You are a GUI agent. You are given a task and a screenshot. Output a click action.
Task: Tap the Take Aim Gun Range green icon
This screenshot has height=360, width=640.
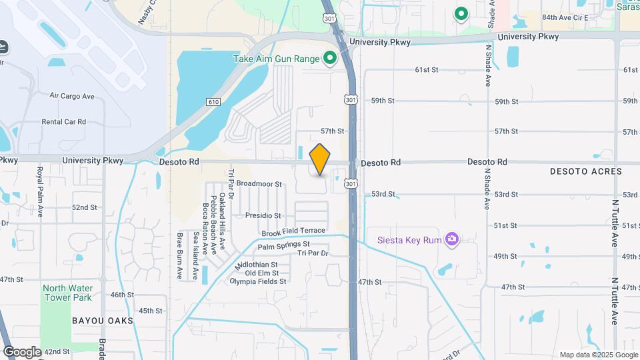click(x=329, y=59)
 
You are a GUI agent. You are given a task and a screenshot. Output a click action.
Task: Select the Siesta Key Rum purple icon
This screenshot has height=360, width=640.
click(x=452, y=239)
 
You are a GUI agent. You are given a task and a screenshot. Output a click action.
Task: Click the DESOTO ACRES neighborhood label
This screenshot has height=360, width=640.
click(x=585, y=171)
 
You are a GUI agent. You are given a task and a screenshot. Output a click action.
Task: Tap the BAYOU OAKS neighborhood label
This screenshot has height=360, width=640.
click(x=103, y=321)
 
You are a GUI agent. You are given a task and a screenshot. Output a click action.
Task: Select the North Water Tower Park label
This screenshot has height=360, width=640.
click(x=67, y=293)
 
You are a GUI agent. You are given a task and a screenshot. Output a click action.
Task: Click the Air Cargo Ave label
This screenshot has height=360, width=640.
click(x=72, y=96)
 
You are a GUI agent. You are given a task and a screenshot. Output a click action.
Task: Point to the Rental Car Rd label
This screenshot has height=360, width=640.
click(x=64, y=122)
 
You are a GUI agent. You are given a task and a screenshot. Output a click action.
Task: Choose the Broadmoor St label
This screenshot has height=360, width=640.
click(x=259, y=183)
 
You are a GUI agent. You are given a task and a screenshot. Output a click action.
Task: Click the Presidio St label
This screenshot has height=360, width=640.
click(x=263, y=215)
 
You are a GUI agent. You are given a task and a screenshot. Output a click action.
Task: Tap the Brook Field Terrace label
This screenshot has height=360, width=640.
click(x=293, y=231)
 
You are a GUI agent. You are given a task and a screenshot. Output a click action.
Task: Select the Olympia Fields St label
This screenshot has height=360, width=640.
click(x=257, y=281)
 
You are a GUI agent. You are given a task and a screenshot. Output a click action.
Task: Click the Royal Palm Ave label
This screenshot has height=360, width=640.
click(x=40, y=192)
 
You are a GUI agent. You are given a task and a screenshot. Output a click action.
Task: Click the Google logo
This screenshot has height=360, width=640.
click(x=22, y=351)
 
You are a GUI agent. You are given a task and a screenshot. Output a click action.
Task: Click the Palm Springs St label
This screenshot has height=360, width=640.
click(x=284, y=245)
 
